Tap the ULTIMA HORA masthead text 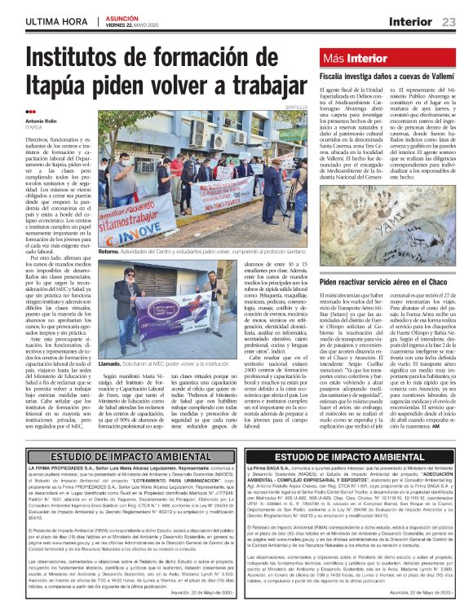pyautogui.click(x=57, y=20)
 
